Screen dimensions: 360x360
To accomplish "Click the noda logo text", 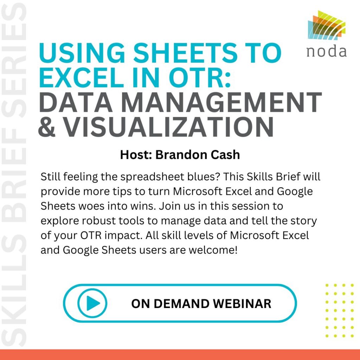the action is tap(327, 52).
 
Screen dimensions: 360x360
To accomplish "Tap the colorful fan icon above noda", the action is tap(327, 25).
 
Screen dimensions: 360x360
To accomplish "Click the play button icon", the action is tap(92, 303).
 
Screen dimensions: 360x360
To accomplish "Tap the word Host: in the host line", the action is tap(136, 155).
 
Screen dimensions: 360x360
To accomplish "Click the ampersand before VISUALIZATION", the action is tap(47, 127).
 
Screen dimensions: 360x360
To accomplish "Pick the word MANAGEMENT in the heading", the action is tap(221, 102).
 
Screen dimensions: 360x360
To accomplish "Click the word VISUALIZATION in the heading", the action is tap(168, 127).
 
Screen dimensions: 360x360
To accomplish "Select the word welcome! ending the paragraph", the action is tap(213, 250).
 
